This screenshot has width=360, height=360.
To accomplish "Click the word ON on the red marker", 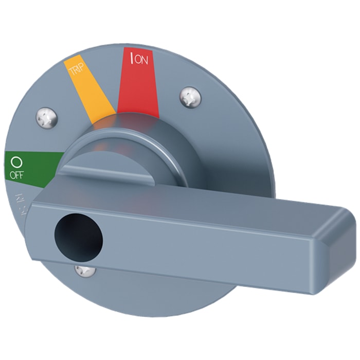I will (x=142, y=60).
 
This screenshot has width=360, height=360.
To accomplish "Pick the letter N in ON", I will (x=145, y=60).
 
